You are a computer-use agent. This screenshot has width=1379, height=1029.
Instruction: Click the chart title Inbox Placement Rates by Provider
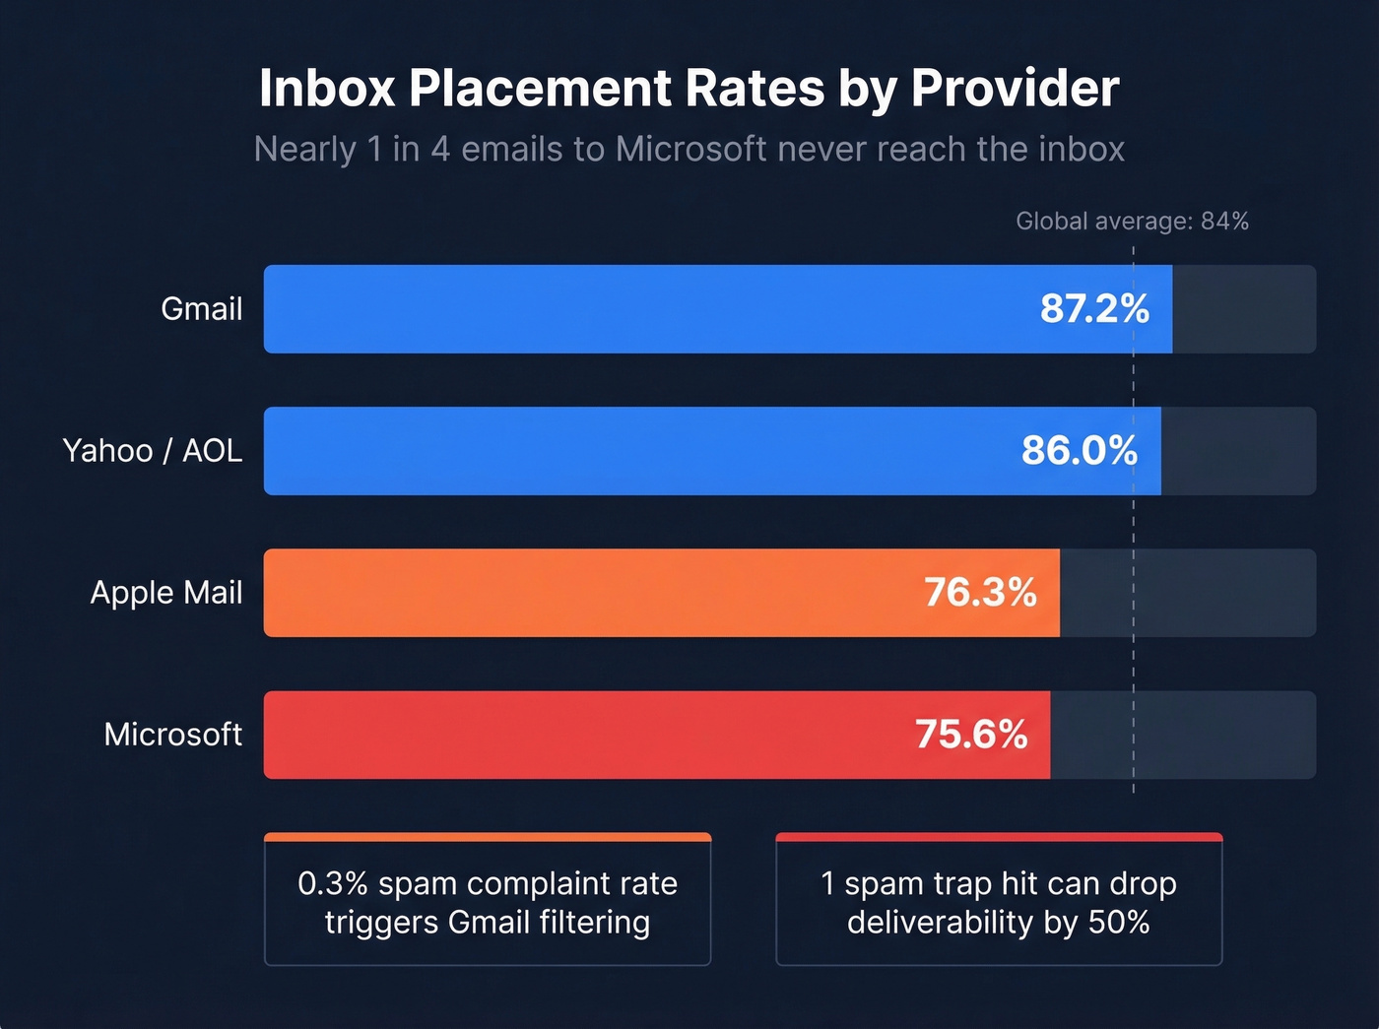[689, 89]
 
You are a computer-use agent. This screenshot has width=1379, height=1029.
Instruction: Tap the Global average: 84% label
[1132, 222]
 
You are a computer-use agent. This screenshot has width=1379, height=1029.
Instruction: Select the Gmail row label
[201, 309]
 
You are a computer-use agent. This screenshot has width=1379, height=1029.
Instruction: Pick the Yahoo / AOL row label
[153, 451]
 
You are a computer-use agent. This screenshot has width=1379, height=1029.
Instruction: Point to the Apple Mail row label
[166, 593]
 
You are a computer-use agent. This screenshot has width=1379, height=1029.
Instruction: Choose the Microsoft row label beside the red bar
[173, 735]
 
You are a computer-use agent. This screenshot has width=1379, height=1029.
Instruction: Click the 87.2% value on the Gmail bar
[1094, 309]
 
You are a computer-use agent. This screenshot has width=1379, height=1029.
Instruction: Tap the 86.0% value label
[1079, 451]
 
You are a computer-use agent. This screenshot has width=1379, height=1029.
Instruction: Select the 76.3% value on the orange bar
[980, 593]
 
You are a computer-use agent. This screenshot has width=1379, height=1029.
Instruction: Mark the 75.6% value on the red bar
[971, 735]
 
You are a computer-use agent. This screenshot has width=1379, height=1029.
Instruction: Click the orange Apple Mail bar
[591, 593]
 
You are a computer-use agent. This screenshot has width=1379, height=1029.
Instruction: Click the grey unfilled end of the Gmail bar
[1243, 309]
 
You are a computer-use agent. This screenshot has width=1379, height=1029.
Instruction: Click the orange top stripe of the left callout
[488, 838]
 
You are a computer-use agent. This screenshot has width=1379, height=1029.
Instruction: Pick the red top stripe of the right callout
[999, 838]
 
